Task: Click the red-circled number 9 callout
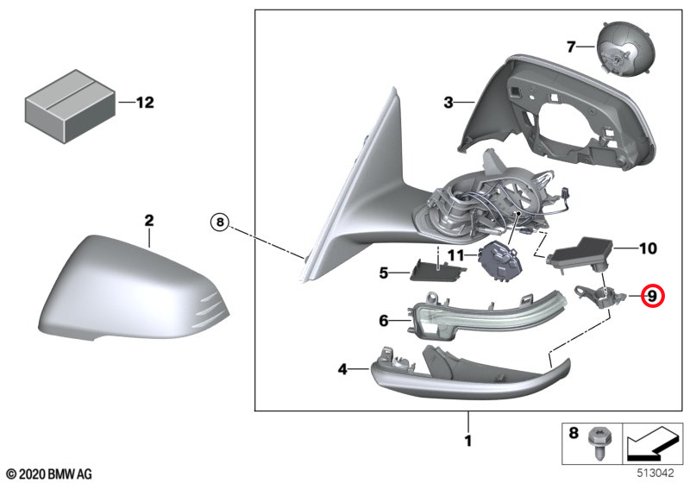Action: coord(653,297)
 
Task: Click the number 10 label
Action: coord(646,249)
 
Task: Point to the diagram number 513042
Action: coord(657,473)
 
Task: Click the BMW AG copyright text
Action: coord(48,474)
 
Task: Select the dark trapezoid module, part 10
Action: coord(582,251)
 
